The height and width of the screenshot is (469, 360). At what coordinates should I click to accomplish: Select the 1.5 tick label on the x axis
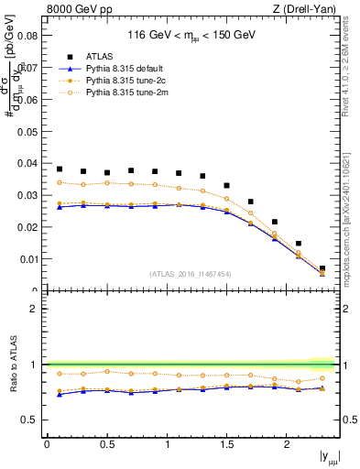point(227,444)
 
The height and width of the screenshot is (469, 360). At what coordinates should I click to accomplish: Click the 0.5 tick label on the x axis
point(106,444)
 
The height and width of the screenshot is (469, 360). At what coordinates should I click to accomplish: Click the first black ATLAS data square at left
point(60,169)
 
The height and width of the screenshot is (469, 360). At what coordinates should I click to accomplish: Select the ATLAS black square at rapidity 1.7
point(251,202)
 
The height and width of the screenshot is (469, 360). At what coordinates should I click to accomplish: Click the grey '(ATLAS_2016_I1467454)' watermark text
point(191,273)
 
